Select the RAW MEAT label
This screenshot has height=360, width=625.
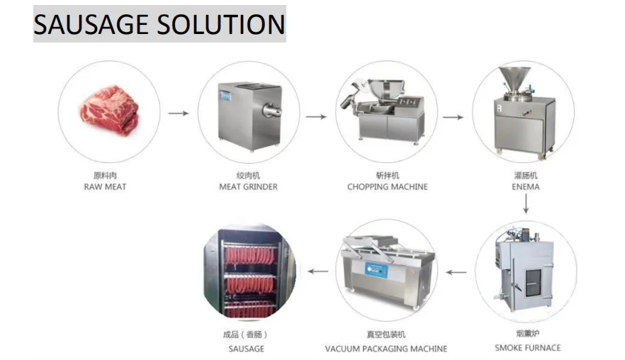coord(105,187)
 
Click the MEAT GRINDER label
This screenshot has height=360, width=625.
coord(248,187)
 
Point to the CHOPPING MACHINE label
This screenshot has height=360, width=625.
coord(388,187)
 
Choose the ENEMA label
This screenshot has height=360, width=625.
coord(526,187)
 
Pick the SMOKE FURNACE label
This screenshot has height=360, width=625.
coord(527,348)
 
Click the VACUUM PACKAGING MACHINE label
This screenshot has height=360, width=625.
coord(386,349)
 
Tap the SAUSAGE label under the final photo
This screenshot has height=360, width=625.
coord(246,349)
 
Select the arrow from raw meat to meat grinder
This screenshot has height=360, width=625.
coord(179,113)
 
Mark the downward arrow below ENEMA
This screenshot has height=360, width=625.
coord(526,205)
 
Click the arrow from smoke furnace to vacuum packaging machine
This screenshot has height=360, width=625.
coord(456,271)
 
